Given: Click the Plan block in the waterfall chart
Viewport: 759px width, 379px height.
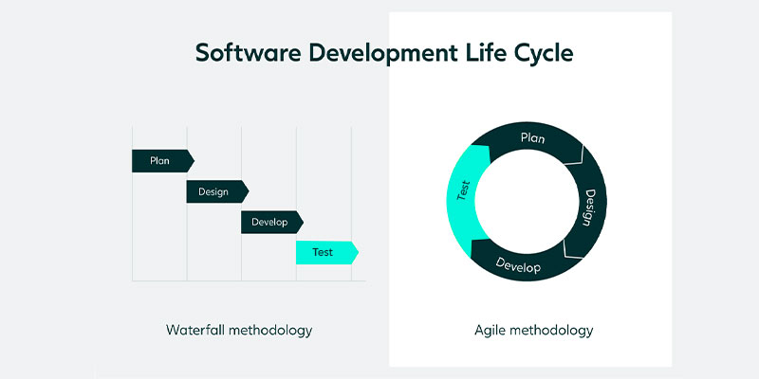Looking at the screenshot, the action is (x=163, y=160).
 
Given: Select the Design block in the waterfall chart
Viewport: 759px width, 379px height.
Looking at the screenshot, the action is (x=217, y=191).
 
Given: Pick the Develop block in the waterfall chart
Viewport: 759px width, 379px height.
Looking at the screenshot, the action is (x=272, y=222).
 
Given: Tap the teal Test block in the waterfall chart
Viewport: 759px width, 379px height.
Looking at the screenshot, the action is (x=327, y=252).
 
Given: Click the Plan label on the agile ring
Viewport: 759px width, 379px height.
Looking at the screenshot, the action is (x=532, y=138).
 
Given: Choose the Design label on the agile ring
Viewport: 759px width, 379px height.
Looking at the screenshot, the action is (x=589, y=208).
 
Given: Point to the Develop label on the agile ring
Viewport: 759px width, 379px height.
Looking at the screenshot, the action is (x=517, y=265).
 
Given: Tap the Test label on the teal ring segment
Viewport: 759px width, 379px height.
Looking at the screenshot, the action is (x=463, y=190).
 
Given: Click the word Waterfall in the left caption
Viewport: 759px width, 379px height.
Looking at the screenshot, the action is (x=195, y=330).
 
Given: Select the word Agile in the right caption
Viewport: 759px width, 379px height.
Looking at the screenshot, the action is (x=490, y=332).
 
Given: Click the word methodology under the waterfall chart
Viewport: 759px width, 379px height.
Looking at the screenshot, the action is (x=270, y=332).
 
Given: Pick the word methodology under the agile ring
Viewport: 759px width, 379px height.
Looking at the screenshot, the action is (x=551, y=332).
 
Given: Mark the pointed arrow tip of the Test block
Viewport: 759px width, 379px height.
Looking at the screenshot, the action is (x=359, y=252).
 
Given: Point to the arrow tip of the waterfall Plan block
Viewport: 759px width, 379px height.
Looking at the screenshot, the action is (x=194, y=160).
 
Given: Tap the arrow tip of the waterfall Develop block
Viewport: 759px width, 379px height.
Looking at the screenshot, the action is (x=303, y=222).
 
